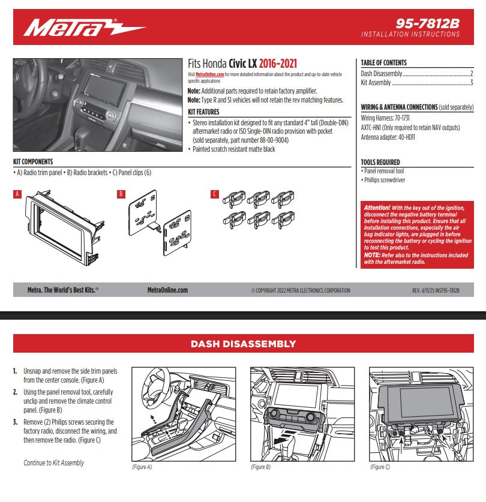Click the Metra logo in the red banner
[x=84, y=27]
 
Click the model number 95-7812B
[x=427, y=23]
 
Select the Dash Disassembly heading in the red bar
[x=243, y=344]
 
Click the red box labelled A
[x=17, y=194]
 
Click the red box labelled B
[x=121, y=194]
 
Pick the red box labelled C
[x=215, y=194]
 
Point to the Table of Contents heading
[x=383, y=62]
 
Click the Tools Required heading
[x=380, y=162]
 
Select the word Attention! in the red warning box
[x=377, y=208]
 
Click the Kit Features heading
[x=203, y=112]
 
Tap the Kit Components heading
[x=33, y=162]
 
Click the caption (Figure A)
[x=142, y=467]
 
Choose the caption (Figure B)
[x=260, y=467]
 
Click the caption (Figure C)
[x=380, y=467]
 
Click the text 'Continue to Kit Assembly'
[x=54, y=462]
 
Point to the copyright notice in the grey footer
[x=301, y=290]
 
